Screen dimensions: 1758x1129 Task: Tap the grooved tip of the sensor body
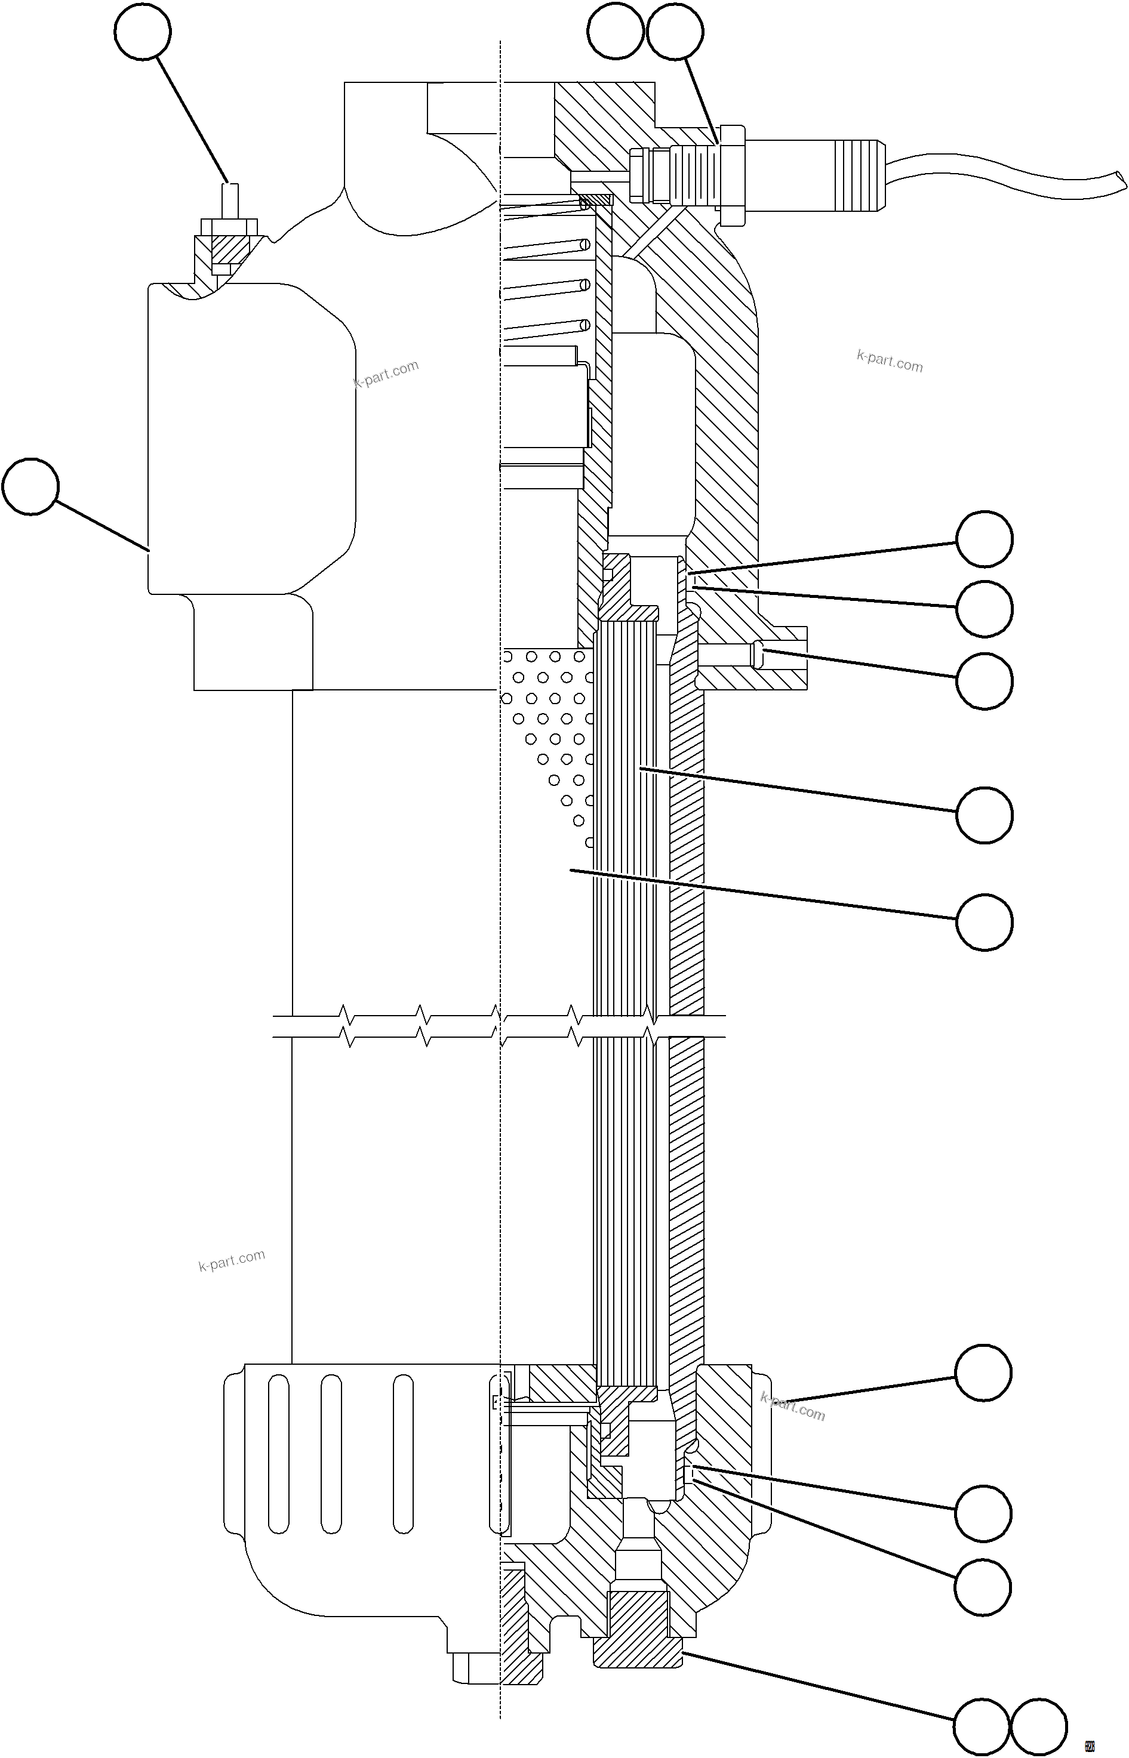pyautogui.click(x=859, y=174)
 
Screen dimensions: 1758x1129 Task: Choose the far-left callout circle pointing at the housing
pyautogui.click(x=30, y=486)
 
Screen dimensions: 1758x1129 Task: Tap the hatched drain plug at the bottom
pyautogui.click(x=637, y=1623)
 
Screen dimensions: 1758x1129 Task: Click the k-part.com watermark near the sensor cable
pyautogui.click(x=889, y=361)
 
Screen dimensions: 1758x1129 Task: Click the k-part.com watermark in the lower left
pyautogui.click(x=232, y=1260)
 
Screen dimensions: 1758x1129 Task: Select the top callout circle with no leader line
pyautogui.click(x=616, y=31)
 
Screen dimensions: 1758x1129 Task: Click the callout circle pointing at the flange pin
pyautogui.click(x=984, y=681)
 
